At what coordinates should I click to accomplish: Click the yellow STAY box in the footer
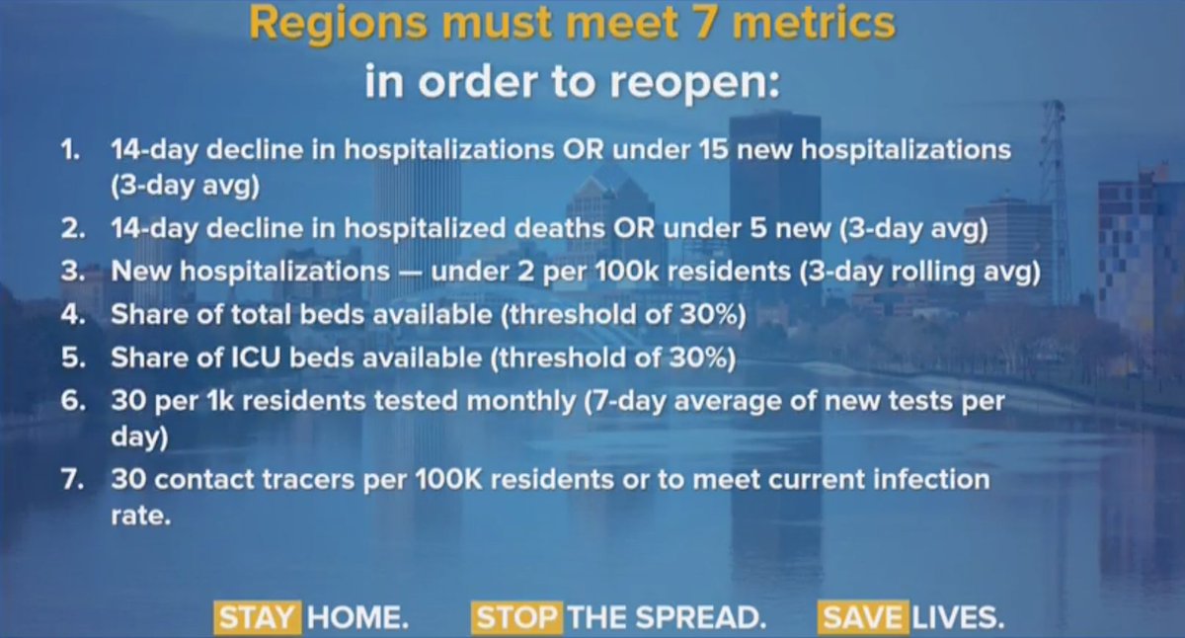click(257, 618)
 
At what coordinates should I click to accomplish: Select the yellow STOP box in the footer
click(516, 618)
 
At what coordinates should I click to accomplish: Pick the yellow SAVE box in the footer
click(861, 618)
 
